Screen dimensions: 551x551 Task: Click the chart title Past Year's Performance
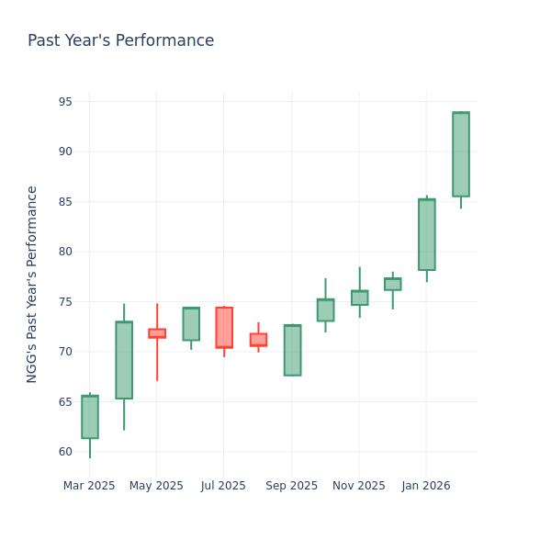120,41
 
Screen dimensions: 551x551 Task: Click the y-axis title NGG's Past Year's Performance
32,284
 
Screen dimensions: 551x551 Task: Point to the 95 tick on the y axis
65,102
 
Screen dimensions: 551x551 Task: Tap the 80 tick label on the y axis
65,252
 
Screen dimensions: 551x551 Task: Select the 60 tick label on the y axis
65,452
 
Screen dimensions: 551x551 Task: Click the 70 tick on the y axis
65,352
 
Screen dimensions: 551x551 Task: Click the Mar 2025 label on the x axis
89,486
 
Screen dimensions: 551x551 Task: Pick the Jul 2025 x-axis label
224,486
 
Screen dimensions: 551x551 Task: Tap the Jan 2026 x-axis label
426,486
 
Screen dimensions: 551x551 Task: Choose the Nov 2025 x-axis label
359,486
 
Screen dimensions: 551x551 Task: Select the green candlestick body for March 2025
90,417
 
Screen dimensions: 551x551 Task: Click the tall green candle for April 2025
124,360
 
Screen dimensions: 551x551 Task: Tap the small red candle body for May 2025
157,333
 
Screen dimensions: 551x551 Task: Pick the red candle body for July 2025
224,328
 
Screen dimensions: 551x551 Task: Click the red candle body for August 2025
258,340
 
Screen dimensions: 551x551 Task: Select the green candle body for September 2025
292,350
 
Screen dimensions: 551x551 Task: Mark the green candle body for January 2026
427,234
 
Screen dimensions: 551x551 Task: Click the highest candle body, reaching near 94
461,154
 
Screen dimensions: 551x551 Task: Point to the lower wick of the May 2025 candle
157,359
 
